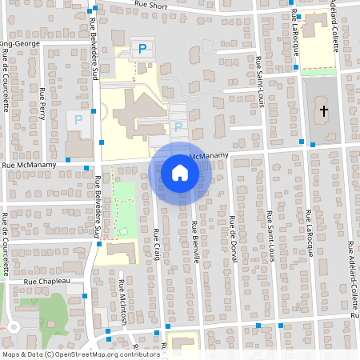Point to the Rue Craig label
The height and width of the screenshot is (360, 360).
pyautogui.click(x=156, y=244)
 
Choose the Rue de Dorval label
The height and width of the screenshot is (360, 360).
pyautogui.click(x=232, y=232)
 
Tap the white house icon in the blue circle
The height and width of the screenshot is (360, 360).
pyautogui.click(x=180, y=173)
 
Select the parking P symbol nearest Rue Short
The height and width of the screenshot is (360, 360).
pyautogui.click(x=142, y=50)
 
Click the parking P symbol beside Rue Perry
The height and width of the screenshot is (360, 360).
pyautogui.click(x=78, y=120)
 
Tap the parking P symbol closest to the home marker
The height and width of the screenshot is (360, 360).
pyautogui.click(x=178, y=126)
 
